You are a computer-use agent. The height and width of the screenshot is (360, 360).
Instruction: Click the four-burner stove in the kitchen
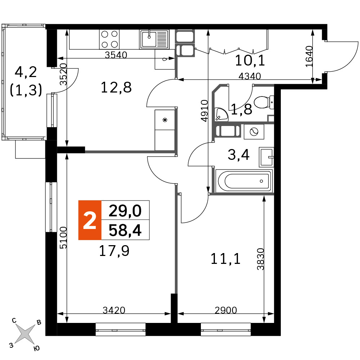point(109,39)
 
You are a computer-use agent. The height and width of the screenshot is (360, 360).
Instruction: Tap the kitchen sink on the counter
point(154,39)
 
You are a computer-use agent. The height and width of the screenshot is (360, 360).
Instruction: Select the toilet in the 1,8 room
point(264,102)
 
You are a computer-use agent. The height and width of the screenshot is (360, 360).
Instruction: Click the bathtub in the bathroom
point(244,181)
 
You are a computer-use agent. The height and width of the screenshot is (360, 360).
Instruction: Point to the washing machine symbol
point(254,132)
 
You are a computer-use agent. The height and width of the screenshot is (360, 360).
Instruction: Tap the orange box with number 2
point(90,220)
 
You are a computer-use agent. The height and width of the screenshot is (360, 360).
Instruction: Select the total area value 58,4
point(125,230)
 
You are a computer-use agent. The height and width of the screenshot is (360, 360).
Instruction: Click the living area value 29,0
point(125,211)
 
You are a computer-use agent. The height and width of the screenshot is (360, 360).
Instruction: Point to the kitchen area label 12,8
point(116,87)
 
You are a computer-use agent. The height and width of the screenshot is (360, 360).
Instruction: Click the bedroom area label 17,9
point(114,251)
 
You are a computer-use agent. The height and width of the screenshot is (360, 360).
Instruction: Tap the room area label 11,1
point(225,259)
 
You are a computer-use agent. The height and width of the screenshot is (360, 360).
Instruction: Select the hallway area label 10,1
point(250,60)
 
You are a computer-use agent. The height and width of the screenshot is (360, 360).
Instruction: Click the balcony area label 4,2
point(26,72)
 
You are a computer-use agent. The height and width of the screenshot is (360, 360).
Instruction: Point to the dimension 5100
point(63,238)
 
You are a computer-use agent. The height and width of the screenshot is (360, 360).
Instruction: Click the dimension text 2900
point(226,310)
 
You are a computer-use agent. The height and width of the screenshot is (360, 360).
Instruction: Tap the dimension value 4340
point(250,76)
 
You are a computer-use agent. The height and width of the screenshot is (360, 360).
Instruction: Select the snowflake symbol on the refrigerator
point(165,120)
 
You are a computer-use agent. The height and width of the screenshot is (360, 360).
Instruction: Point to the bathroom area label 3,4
point(239,154)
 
